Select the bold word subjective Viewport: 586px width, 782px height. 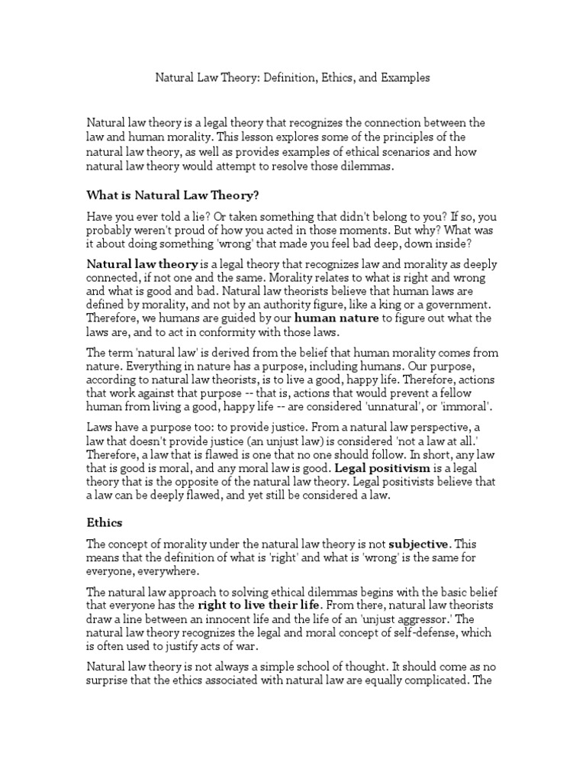[419, 544]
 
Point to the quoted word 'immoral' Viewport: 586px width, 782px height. [468, 406]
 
